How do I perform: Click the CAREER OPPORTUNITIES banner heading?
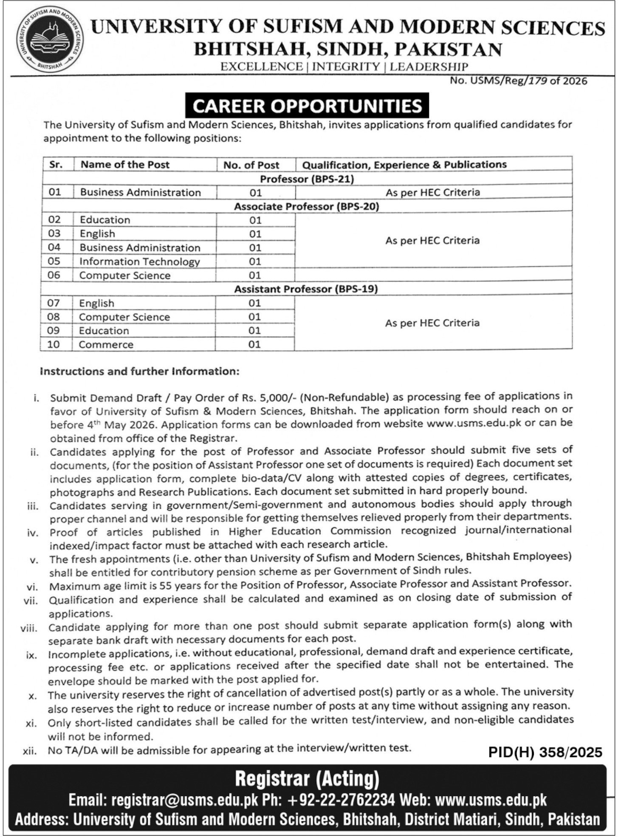click(x=307, y=106)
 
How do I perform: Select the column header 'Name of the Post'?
click(x=125, y=165)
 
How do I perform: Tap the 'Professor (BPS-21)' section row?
click(x=307, y=179)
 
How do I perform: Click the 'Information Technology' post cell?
click(x=139, y=261)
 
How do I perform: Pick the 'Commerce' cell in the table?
click(x=106, y=345)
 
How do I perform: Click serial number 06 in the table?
click(x=54, y=275)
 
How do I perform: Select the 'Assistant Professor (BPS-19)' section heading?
click(x=306, y=289)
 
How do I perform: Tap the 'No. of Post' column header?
click(x=251, y=165)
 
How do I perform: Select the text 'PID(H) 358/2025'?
click(x=545, y=752)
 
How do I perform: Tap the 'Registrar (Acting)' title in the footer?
click(x=307, y=779)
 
